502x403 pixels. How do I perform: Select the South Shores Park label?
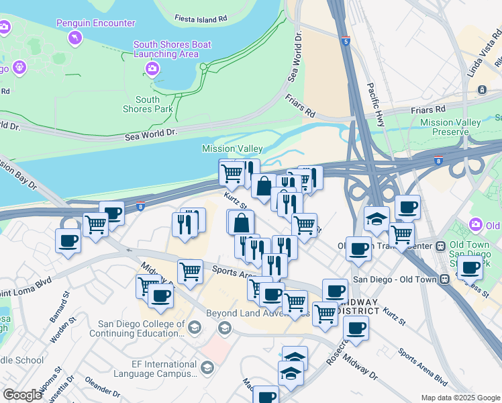[142, 104]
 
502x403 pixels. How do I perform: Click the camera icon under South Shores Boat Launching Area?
[152, 69]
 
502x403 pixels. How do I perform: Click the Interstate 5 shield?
[345, 41]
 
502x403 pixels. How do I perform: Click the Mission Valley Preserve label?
[450, 127]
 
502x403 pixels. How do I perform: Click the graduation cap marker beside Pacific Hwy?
[377, 219]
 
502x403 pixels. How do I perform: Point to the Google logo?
[22, 394]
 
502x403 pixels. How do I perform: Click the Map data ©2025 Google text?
[460, 398]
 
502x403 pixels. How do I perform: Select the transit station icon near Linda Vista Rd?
[481, 90]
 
